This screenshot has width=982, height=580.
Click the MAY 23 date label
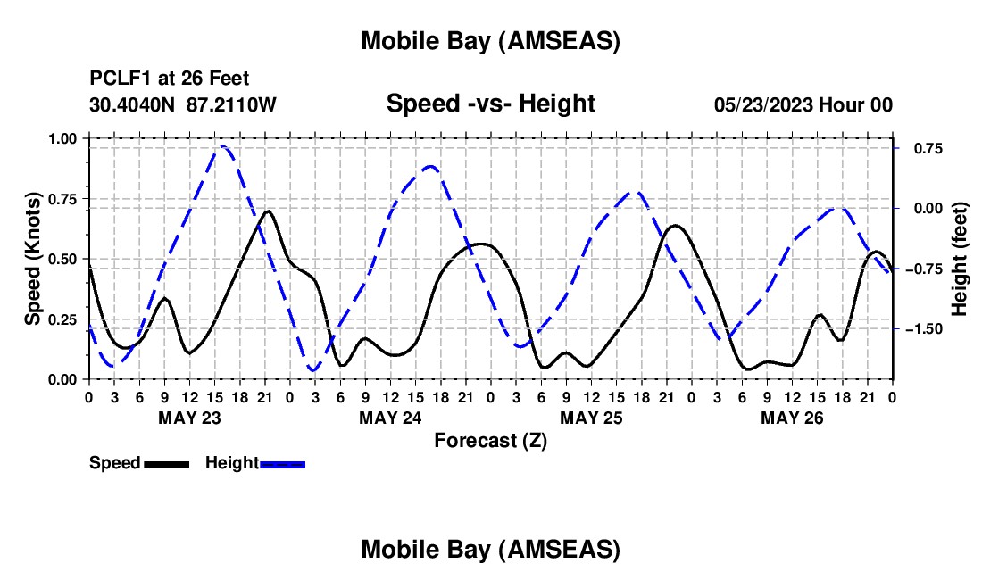[189, 417]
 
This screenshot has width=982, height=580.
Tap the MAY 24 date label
[390, 417]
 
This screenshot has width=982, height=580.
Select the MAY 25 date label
[591, 417]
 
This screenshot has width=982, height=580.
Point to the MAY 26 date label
[792, 417]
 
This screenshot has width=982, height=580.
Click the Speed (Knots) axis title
[33, 259]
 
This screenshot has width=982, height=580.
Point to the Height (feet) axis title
[960, 259]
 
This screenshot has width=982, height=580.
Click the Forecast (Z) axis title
[490, 440]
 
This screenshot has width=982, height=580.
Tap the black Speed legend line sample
[166, 464]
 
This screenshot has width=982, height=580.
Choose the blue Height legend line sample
[282, 464]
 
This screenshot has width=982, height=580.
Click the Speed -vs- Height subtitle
[490, 104]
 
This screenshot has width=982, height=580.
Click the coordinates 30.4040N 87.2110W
[183, 104]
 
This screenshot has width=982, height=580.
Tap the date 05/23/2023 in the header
[763, 104]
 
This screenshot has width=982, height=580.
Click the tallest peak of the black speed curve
[268, 211]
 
